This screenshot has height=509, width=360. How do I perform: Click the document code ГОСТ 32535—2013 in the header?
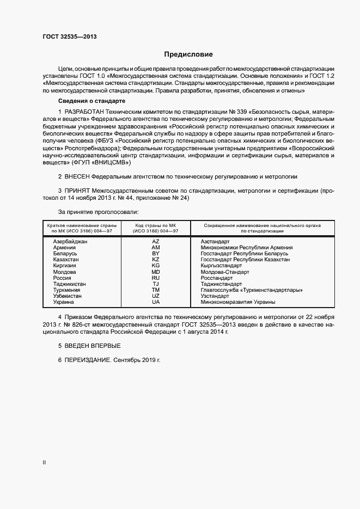tap(69, 37)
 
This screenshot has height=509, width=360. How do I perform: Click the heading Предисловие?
tap(188, 54)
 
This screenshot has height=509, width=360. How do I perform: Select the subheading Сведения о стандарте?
tap(92, 102)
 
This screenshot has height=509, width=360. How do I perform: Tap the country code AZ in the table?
tap(156, 241)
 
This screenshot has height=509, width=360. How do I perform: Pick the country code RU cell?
tap(156, 278)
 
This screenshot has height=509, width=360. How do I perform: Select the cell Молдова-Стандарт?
tap(225, 272)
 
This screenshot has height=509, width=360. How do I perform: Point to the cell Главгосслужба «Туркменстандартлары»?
tap(251, 290)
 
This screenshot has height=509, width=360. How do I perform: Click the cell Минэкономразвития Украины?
tap(238, 302)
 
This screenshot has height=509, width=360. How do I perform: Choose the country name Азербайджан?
tap(70, 241)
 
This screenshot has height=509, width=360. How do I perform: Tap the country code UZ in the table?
tap(156, 296)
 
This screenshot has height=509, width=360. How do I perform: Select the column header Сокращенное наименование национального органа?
tap(262, 225)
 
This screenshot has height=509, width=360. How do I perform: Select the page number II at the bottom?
tap(44, 463)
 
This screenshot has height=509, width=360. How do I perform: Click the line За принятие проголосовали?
tap(98, 211)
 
